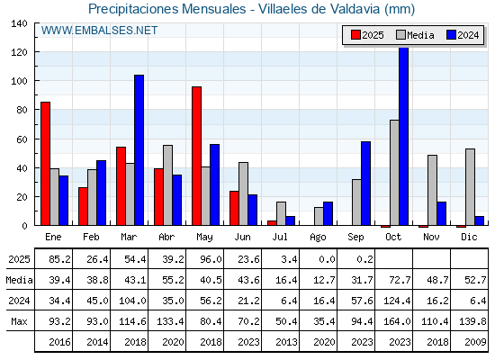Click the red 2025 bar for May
197,156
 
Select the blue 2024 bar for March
139,150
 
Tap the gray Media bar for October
394,173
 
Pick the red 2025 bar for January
45,164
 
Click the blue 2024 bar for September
365,184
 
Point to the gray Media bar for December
470,187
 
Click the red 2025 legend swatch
355,35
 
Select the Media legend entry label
420,35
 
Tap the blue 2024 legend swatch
451,35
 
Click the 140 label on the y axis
19,23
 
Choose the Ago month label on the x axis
318,238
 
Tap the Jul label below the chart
280,237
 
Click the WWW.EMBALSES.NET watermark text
99,31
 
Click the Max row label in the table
19,321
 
